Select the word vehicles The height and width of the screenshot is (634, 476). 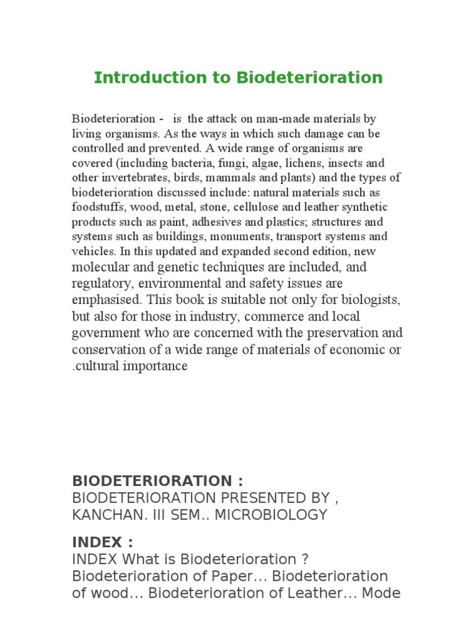[x=93, y=251]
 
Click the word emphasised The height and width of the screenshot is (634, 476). [x=107, y=300]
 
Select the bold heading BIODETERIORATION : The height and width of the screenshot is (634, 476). [x=158, y=481]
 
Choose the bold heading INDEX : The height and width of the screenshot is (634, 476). [x=103, y=542]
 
